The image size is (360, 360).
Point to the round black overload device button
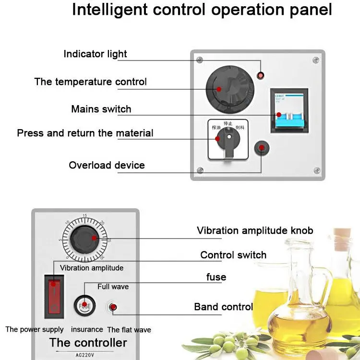pos(262,148)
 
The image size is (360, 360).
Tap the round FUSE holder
pos(84,304)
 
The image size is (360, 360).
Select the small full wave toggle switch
pos(113,307)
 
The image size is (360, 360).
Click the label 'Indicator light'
pos(95,54)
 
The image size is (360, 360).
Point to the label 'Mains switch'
pos(101,109)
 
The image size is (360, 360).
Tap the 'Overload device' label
pos(107,165)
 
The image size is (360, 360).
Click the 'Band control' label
pos(223,306)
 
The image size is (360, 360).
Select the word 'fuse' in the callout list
pos(216,277)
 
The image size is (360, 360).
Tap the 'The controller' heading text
pos(88,342)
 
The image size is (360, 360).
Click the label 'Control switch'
pos(233,255)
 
